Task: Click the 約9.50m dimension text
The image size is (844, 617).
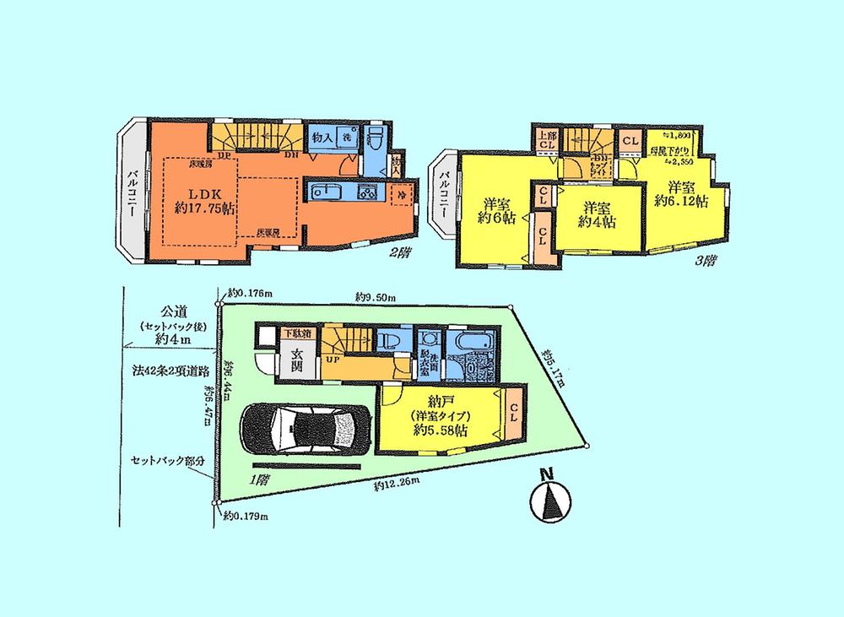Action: [x=376, y=295]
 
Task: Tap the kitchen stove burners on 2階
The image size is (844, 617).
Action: [x=369, y=192]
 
